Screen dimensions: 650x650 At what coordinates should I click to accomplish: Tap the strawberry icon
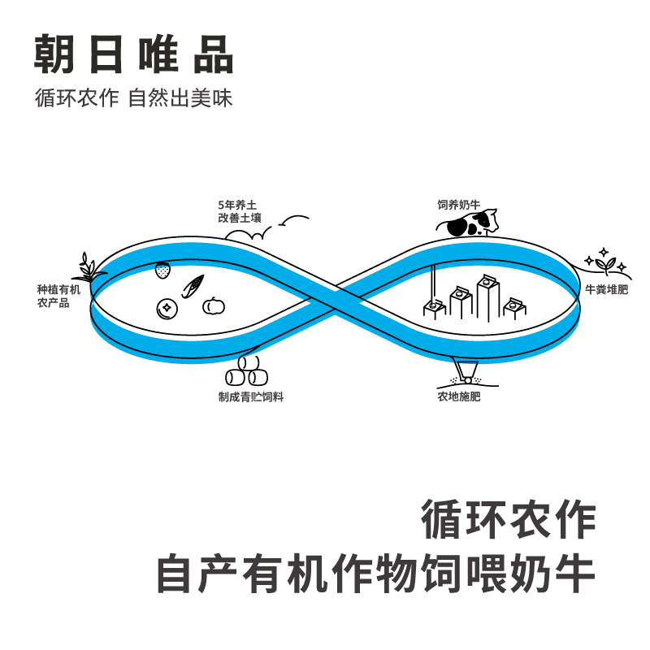point(164,269)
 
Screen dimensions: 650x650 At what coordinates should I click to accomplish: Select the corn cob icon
point(193,287)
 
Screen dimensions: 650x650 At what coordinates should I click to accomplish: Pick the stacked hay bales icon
point(246,373)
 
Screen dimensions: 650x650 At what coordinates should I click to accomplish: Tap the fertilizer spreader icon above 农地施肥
point(466,375)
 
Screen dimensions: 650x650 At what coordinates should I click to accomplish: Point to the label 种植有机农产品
point(59,296)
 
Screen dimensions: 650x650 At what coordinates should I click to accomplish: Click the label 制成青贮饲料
point(250,396)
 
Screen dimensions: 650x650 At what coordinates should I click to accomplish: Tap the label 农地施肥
point(459,397)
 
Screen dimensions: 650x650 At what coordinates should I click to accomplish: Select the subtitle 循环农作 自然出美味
point(134,98)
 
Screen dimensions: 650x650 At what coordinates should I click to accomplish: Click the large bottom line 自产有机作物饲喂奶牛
point(375,574)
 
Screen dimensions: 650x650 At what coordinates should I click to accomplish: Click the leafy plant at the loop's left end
point(89,268)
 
